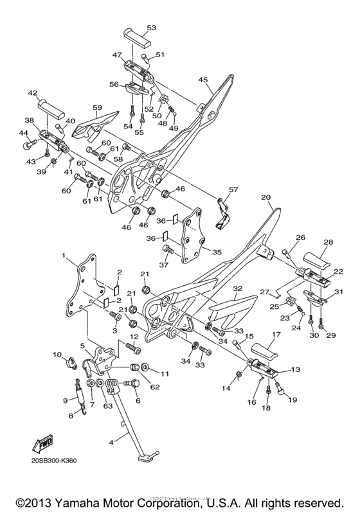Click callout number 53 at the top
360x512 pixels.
[x=151, y=28]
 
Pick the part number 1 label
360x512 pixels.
[x=64, y=256]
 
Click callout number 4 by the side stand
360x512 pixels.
[x=112, y=443]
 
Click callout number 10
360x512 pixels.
[x=57, y=355]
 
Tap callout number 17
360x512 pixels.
[x=275, y=335]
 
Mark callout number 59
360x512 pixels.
[x=98, y=107]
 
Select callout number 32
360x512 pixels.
[x=237, y=289]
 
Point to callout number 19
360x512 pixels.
[x=292, y=401]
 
